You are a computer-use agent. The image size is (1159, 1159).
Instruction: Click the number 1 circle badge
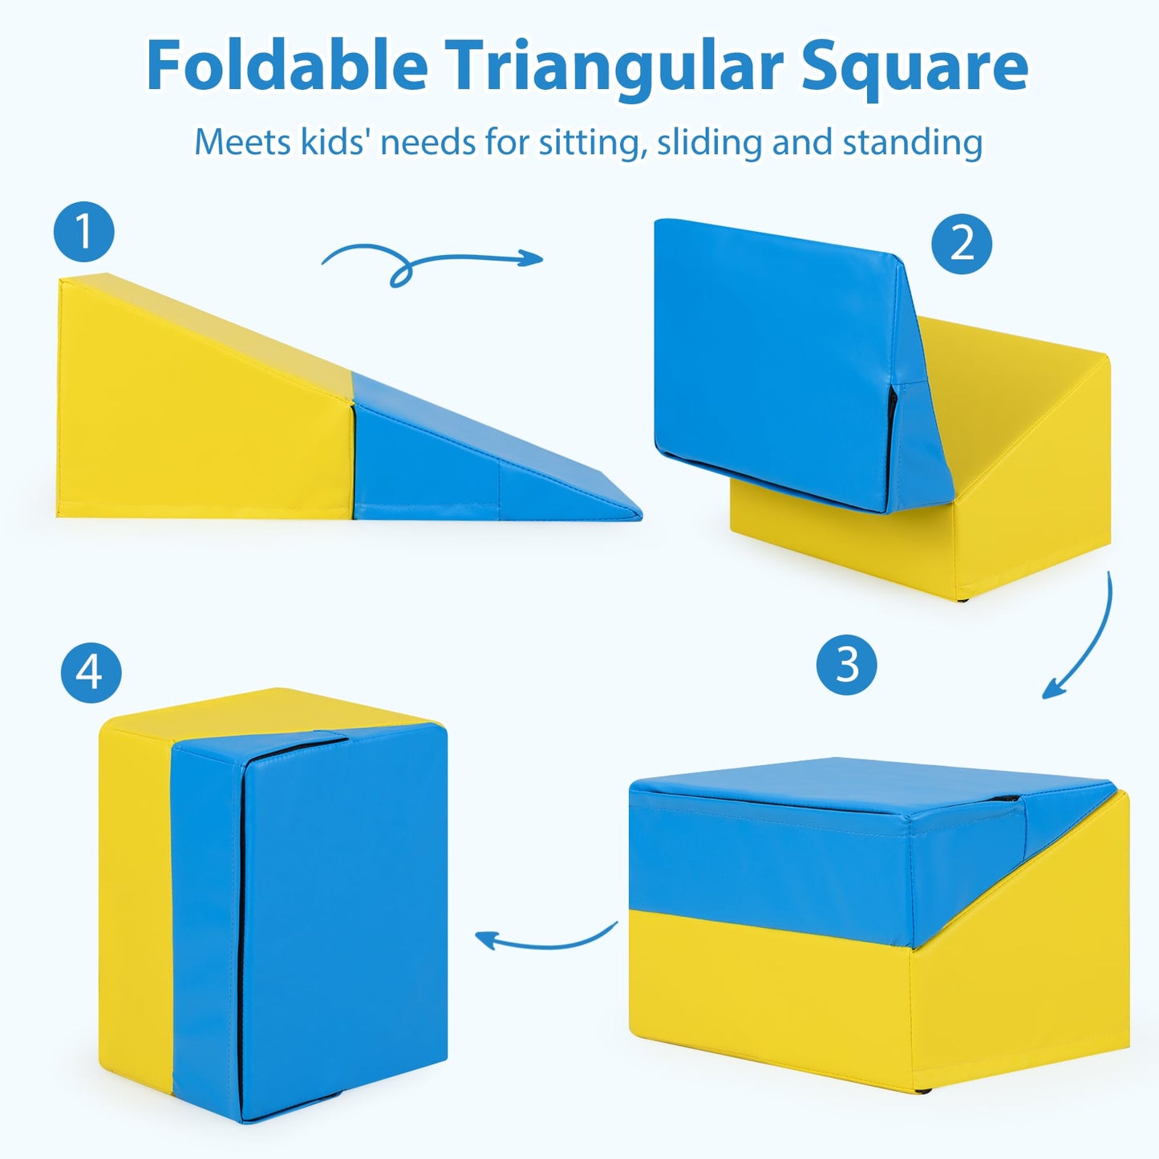(x=84, y=232)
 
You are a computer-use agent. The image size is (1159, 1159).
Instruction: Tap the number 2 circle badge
(x=962, y=244)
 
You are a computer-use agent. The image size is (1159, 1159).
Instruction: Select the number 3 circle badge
(x=847, y=665)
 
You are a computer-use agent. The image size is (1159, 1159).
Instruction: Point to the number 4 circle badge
(x=91, y=672)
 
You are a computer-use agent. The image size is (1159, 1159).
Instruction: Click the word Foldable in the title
(x=286, y=67)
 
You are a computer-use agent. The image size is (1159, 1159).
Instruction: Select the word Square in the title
(x=914, y=67)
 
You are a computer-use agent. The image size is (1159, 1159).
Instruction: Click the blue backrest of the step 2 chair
(x=770, y=361)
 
